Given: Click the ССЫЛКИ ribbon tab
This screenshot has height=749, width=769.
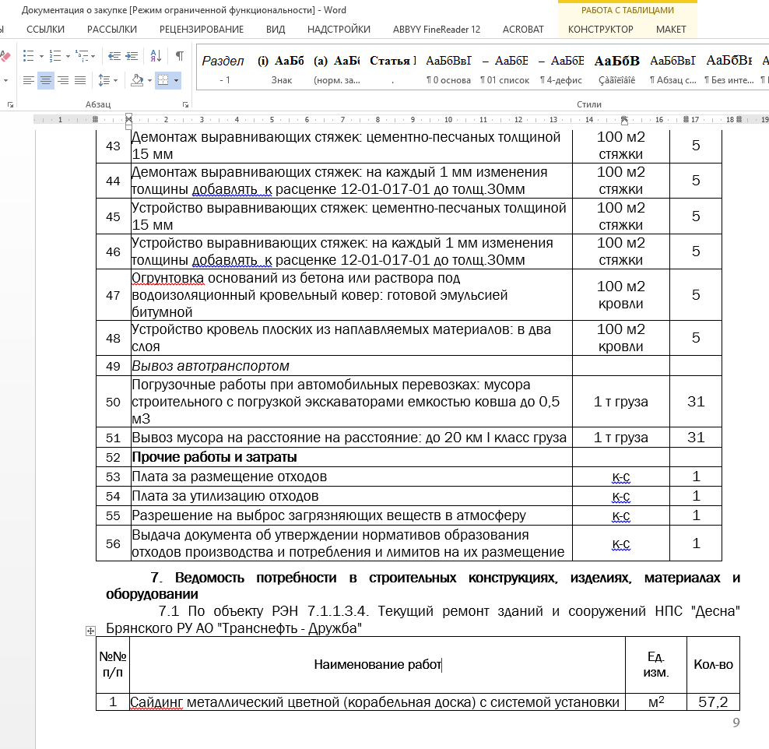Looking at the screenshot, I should click(x=45, y=30).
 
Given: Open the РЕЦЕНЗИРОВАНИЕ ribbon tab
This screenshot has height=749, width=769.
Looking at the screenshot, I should click(x=202, y=30).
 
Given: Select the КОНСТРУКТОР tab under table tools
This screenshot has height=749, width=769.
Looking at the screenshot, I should click(x=600, y=30).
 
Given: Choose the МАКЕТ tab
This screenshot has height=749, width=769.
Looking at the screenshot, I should click(x=671, y=30).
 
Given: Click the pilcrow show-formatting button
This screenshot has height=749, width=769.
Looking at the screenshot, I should click(x=180, y=56).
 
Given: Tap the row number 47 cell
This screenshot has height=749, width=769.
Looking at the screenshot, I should click(x=113, y=295).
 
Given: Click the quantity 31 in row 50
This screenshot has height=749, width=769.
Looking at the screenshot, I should click(x=696, y=402).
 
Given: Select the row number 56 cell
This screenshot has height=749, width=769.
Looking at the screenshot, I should click(x=113, y=543).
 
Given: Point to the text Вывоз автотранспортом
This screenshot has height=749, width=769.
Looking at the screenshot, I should click(x=210, y=366).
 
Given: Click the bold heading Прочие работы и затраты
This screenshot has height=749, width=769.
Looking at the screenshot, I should click(x=214, y=457).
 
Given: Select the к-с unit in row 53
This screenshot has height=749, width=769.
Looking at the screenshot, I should click(x=621, y=476).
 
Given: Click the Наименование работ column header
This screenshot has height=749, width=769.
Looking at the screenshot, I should click(x=377, y=665).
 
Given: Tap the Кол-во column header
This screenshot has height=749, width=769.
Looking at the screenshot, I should click(x=713, y=665).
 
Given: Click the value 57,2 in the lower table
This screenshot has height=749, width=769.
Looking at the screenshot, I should click(x=713, y=702).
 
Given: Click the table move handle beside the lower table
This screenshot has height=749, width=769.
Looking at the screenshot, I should click(x=90, y=631).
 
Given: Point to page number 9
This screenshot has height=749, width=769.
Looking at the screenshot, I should click(x=736, y=723).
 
